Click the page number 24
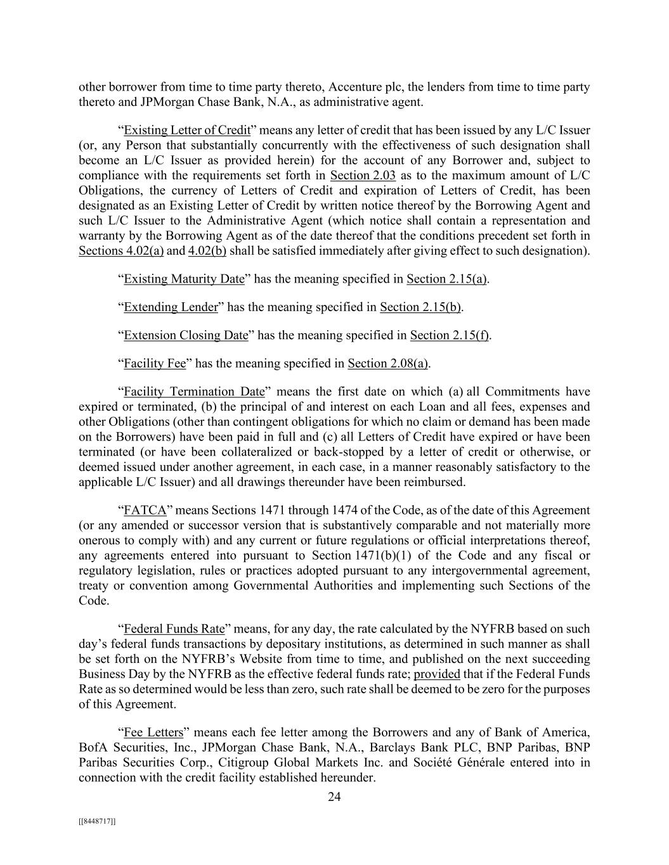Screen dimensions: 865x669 [x=334, y=797]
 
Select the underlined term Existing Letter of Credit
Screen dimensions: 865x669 [x=187, y=131]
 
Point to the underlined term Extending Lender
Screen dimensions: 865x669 [x=171, y=307]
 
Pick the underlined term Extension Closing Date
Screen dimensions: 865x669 [x=186, y=335]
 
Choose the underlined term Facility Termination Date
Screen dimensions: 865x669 [x=194, y=392]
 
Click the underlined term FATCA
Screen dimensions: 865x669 [x=145, y=510]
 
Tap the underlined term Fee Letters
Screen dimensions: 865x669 [x=153, y=733]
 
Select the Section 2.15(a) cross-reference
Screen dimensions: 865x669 [x=446, y=279]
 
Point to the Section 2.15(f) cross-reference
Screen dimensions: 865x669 [x=449, y=335]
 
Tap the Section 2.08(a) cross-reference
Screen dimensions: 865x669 [x=387, y=364]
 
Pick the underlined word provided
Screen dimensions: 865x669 [x=437, y=674]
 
